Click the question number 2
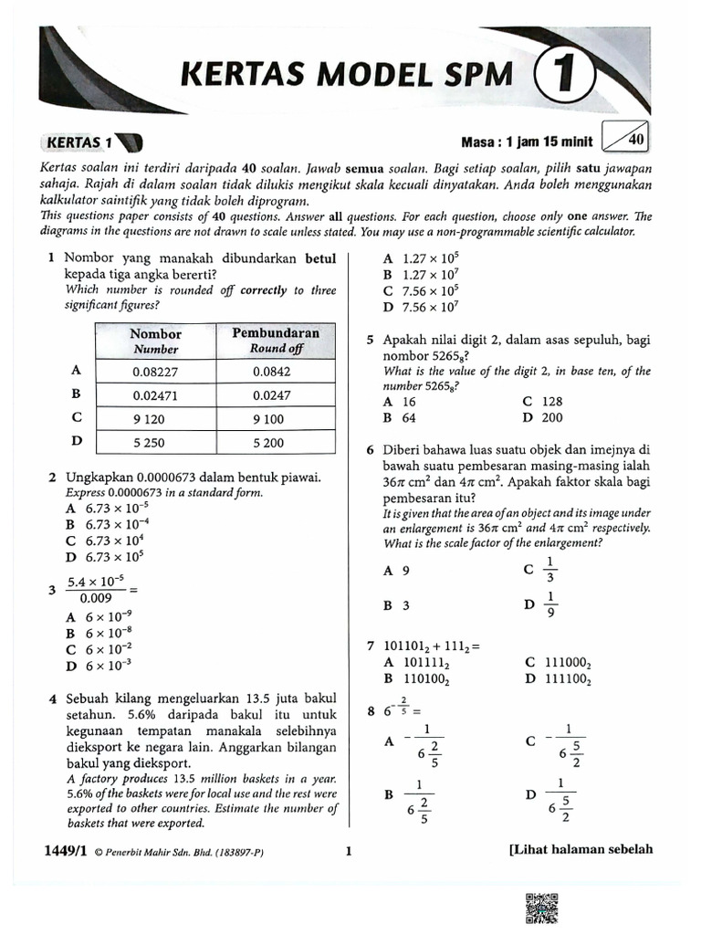click(53, 478)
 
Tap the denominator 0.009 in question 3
click(89, 598)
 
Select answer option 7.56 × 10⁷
click(430, 307)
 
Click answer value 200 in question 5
click(551, 417)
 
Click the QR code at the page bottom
click(542, 909)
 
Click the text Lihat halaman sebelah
click(581, 849)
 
